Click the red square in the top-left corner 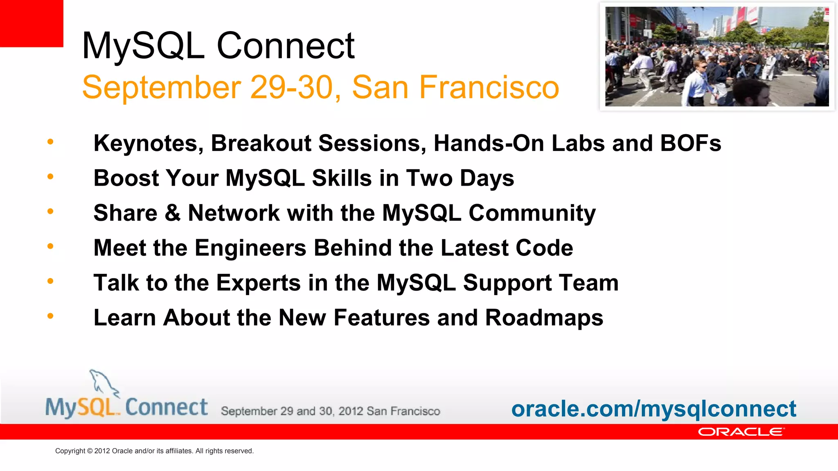31,23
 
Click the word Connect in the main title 285,46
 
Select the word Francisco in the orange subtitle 489,87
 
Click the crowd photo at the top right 717,56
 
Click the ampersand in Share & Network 172,213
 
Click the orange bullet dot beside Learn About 50,316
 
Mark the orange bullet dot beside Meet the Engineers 50,246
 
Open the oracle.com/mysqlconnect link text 653,409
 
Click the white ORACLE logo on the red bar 741,432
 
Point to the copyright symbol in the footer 90,451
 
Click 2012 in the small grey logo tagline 351,411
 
